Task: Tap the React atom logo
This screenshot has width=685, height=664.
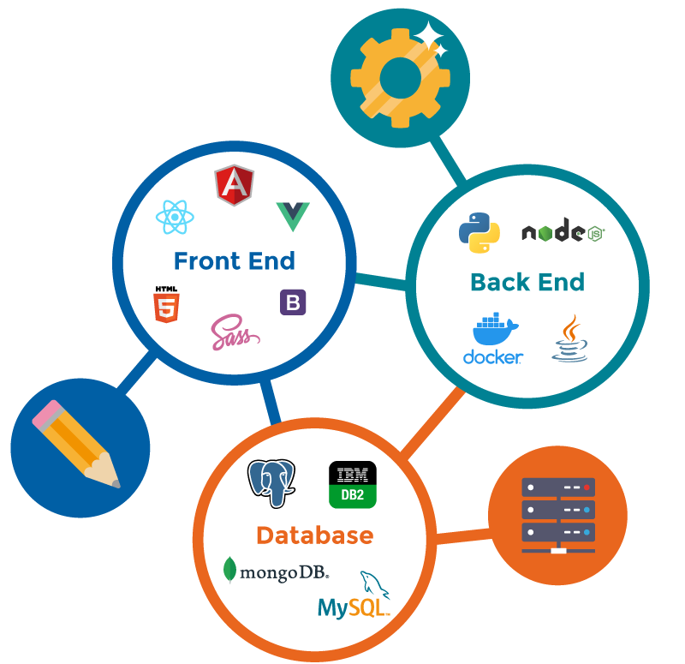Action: (175, 217)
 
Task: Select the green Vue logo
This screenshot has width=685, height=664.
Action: (293, 217)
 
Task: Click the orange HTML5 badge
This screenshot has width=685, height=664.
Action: (165, 305)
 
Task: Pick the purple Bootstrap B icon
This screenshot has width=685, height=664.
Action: (293, 302)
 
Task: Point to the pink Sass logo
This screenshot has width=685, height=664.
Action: (234, 332)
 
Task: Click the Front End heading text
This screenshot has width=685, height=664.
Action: (234, 260)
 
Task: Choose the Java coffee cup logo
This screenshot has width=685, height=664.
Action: (570, 339)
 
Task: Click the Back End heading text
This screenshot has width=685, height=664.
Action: (527, 282)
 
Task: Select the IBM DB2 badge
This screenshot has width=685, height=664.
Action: (352, 484)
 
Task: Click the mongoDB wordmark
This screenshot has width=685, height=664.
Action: (276, 571)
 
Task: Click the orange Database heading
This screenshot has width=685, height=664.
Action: (314, 536)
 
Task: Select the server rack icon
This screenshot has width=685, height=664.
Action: (557, 514)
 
